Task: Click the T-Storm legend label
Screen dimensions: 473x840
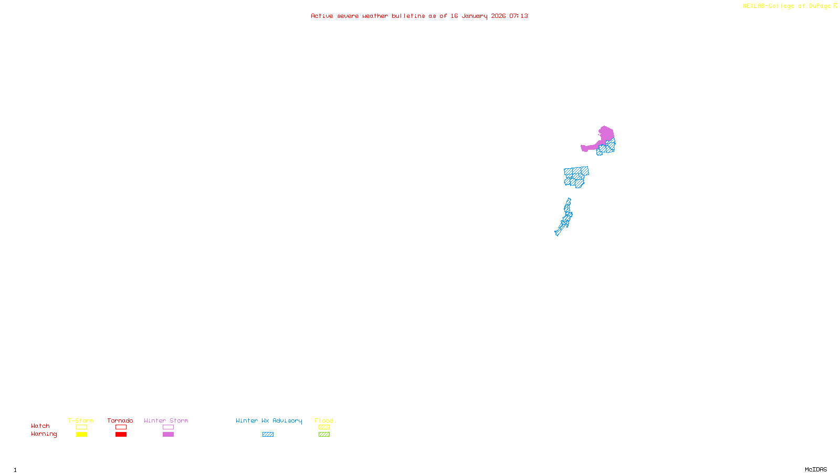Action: tap(81, 420)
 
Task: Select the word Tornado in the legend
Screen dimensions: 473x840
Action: tap(120, 420)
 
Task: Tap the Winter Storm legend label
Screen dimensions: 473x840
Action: tap(166, 420)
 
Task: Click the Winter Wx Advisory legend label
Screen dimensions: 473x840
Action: tap(269, 420)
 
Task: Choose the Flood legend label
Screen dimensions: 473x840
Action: tap(324, 420)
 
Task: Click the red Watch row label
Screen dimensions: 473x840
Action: tap(40, 426)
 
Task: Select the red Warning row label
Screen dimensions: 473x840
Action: tap(44, 434)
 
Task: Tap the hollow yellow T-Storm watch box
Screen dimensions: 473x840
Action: tap(81, 427)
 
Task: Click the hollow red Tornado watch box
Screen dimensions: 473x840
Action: tap(121, 427)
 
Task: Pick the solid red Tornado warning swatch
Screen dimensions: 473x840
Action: tap(121, 435)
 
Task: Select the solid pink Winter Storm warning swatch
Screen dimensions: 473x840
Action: tap(168, 435)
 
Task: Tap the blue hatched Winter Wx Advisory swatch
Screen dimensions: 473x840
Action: tap(268, 435)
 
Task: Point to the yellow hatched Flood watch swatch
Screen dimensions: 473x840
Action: tap(324, 427)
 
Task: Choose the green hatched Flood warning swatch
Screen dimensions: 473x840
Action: tap(324, 435)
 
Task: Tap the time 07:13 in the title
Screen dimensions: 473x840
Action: tap(519, 16)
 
